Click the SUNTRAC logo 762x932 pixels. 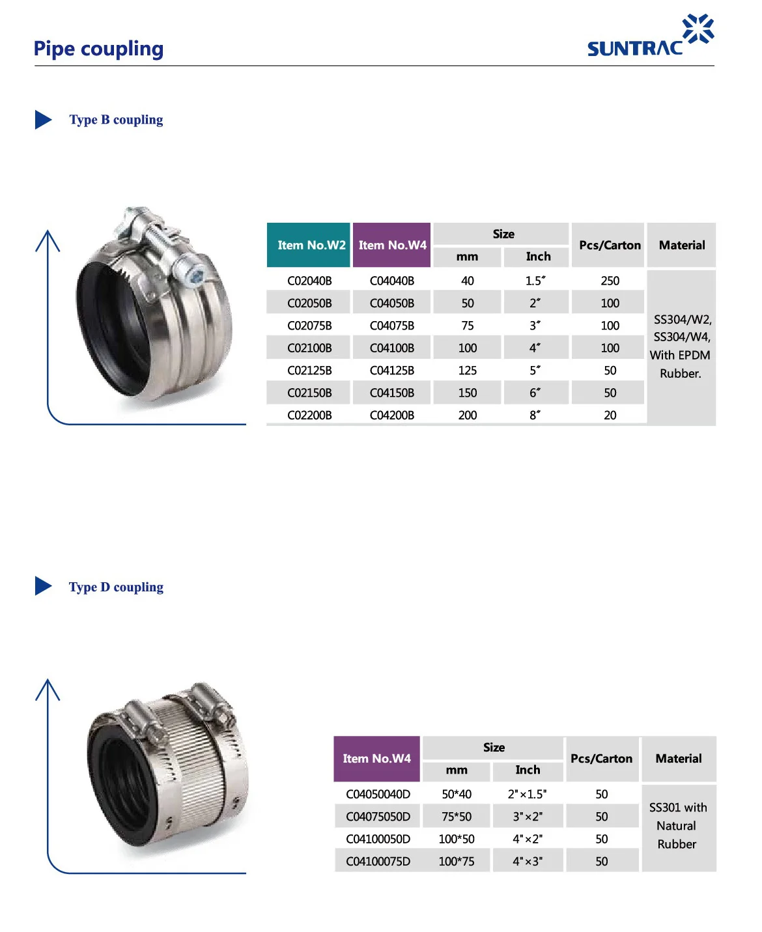tap(649, 37)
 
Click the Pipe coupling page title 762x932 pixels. tap(98, 49)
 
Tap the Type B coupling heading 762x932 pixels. tap(116, 120)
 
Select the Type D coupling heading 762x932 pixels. tap(116, 587)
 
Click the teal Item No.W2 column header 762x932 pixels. tap(309, 246)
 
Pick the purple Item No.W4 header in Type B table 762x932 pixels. tap(392, 246)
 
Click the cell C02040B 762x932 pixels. tap(309, 281)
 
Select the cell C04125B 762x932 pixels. tap(392, 371)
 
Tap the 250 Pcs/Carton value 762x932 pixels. tap(610, 281)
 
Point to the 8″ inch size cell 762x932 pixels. tap(535, 416)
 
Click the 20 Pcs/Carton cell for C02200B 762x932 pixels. tap(610, 416)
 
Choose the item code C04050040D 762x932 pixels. tap(378, 795)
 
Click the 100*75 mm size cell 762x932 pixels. tap(457, 862)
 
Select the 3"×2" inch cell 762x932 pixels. tap(528, 817)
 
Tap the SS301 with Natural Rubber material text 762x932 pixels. tap(677, 826)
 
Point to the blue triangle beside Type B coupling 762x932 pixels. tap(43, 120)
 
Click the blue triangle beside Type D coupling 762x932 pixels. tap(43, 586)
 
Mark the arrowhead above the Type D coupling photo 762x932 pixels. tap(48, 689)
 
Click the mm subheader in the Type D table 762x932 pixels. tap(457, 770)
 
